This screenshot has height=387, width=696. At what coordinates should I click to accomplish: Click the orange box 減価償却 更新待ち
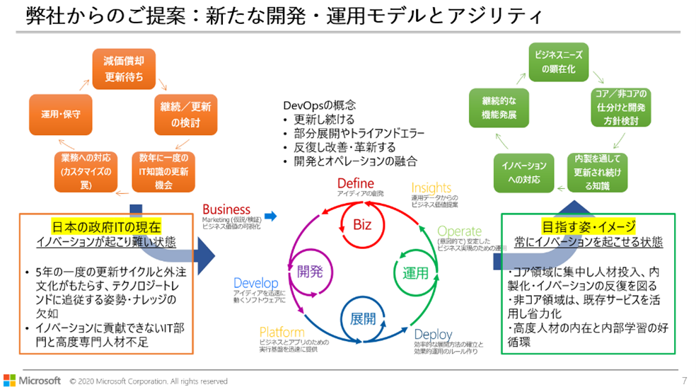(x=124, y=69)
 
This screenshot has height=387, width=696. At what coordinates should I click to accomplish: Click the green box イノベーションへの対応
(x=524, y=172)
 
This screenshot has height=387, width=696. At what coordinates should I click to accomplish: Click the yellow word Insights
(x=431, y=187)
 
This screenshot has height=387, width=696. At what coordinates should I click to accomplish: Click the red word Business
(x=226, y=209)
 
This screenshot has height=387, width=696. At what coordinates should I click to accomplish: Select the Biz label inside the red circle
(x=361, y=225)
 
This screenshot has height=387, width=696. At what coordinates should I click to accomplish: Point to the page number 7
(x=684, y=381)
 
